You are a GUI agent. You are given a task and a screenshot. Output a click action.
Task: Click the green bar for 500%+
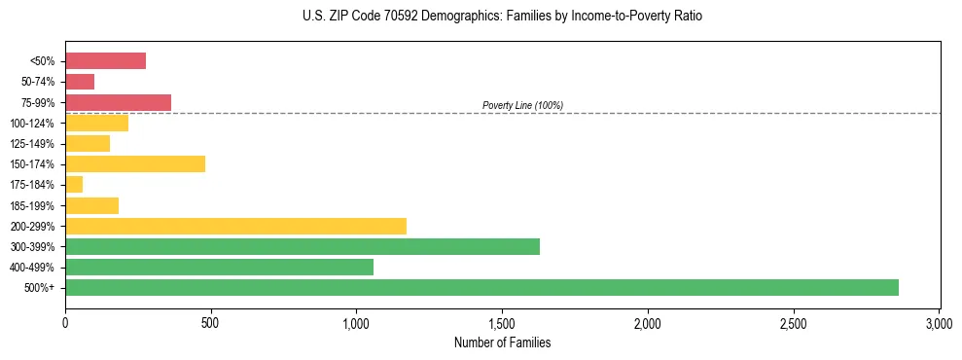481,287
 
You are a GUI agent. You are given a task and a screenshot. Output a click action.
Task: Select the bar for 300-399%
303,246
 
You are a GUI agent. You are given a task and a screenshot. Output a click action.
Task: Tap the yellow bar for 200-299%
235,226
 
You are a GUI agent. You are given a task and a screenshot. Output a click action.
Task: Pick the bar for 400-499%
219,267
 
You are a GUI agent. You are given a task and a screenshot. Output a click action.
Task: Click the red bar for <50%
105,61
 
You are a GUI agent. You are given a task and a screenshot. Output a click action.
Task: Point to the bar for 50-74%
80,82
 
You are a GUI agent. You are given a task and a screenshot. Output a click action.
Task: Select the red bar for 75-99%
118,102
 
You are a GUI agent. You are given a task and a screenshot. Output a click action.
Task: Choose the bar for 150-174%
135,163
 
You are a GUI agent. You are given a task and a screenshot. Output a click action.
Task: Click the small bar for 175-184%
74,184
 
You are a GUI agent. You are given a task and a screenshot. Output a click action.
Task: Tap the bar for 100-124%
96,123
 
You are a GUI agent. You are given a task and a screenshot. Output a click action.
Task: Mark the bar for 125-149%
88,143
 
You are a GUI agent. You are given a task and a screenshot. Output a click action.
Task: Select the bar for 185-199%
91,205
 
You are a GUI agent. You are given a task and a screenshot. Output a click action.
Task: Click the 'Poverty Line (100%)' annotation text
522,105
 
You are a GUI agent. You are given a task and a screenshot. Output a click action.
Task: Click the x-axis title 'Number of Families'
502,342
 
